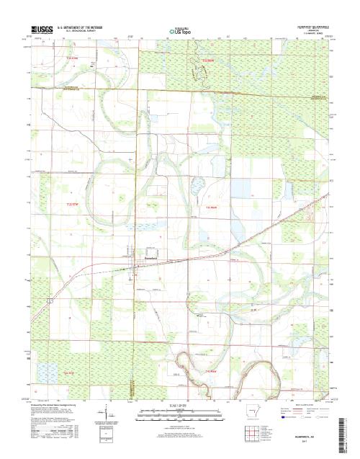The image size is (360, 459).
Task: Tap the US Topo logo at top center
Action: (180, 31)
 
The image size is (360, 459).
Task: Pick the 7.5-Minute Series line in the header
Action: (310, 32)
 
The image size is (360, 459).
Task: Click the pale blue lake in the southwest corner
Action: (48, 373)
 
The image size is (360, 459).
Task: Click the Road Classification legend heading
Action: (306, 406)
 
